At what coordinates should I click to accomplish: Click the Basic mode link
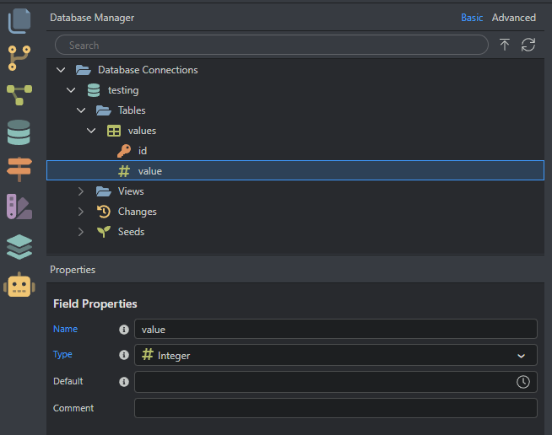(472, 18)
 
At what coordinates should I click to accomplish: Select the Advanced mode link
(513, 18)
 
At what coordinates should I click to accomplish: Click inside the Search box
(270, 46)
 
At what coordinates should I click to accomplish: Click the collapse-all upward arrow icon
(505, 46)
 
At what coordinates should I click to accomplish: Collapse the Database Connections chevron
(61, 70)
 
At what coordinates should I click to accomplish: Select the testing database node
(122, 90)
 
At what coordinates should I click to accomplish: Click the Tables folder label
(131, 110)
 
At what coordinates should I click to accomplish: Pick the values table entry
(141, 131)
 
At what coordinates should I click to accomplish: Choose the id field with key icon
(142, 151)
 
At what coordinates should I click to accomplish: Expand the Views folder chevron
(81, 191)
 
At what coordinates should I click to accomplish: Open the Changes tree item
(137, 212)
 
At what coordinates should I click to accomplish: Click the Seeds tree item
(131, 232)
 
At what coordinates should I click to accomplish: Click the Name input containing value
(335, 329)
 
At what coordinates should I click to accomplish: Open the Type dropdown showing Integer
(335, 356)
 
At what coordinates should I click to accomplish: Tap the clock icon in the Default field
(523, 382)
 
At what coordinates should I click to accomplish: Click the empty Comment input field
(335, 408)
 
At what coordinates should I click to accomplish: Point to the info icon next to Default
(124, 382)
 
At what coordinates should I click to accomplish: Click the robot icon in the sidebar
(19, 286)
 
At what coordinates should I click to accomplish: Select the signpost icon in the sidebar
(19, 169)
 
